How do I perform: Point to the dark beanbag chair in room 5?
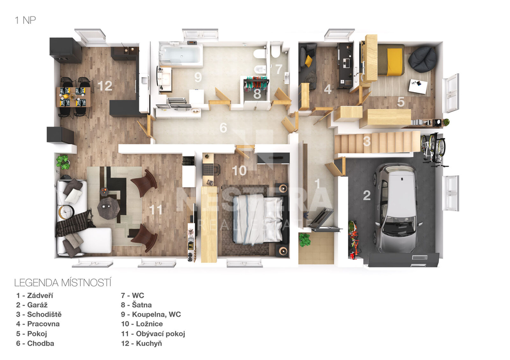coord(422,59)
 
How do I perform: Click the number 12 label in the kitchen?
coord(105,86)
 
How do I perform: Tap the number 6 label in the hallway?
coord(223,128)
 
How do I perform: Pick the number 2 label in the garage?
coord(367,196)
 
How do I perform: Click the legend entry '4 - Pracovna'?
coord(38,324)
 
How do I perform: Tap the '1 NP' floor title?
coord(25,20)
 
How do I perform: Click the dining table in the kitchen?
coord(73,96)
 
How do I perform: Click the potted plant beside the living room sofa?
coord(63,162)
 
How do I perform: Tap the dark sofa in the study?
coord(308,65)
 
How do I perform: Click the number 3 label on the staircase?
coord(367,141)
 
